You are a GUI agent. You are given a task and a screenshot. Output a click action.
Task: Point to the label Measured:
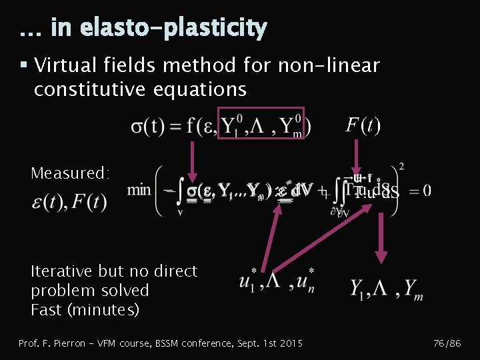(x=70, y=173)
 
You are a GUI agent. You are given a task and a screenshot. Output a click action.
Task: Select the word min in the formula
(x=139, y=190)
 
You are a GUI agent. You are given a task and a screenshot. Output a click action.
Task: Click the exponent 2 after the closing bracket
(x=401, y=166)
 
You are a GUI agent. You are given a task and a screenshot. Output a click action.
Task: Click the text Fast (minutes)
(x=85, y=310)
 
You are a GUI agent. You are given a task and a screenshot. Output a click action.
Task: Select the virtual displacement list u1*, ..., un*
(x=277, y=283)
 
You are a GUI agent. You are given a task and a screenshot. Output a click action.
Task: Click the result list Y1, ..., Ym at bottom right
(x=386, y=288)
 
